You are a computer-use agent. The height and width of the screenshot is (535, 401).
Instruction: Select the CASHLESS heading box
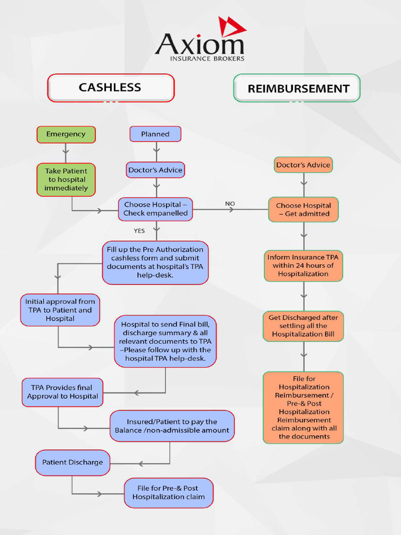[x=110, y=88]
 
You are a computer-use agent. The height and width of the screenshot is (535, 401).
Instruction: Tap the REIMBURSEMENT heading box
[x=297, y=88]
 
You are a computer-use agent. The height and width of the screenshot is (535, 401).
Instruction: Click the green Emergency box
[x=66, y=134]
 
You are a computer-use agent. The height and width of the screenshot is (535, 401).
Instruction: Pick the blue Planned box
[x=156, y=134]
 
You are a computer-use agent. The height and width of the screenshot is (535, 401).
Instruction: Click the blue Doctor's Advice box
[x=156, y=170]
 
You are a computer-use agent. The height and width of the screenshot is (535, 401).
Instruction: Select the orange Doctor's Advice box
[x=303, y=165]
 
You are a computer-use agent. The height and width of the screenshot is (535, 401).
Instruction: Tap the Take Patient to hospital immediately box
[x=66, y=179]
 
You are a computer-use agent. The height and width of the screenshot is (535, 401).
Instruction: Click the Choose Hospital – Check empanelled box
[x=156, y=209]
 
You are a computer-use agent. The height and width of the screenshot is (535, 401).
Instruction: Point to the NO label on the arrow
[x=230, y=204]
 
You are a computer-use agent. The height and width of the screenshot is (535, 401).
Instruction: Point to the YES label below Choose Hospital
[x=139, y=231]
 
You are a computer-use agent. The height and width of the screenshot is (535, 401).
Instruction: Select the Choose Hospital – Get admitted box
[x=303, y=210]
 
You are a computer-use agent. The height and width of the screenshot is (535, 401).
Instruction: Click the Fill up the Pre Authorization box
[x=155, y=262]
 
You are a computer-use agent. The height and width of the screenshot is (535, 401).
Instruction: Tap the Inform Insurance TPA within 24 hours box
[x=303, y=265]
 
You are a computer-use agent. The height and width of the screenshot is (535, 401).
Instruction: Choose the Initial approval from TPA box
[x=60, y=310]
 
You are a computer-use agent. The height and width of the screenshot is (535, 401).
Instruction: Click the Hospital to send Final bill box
[x=165, y=342]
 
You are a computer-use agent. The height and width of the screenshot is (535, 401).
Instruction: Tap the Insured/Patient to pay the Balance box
[x=172, y=426]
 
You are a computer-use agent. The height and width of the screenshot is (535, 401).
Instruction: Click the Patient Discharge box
[x=73, y=462]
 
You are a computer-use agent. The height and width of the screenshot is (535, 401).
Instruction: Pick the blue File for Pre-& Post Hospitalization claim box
[x=168, y=493]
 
